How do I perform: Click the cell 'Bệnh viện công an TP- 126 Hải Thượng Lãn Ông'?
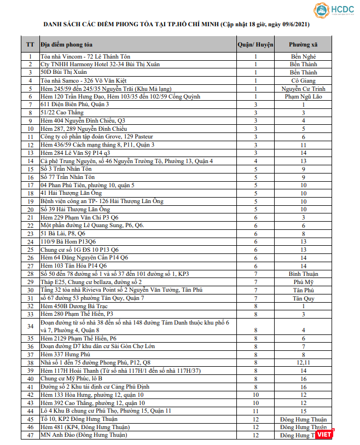tap(102, 201)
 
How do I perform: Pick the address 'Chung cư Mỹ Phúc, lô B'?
tap(72, 378)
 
